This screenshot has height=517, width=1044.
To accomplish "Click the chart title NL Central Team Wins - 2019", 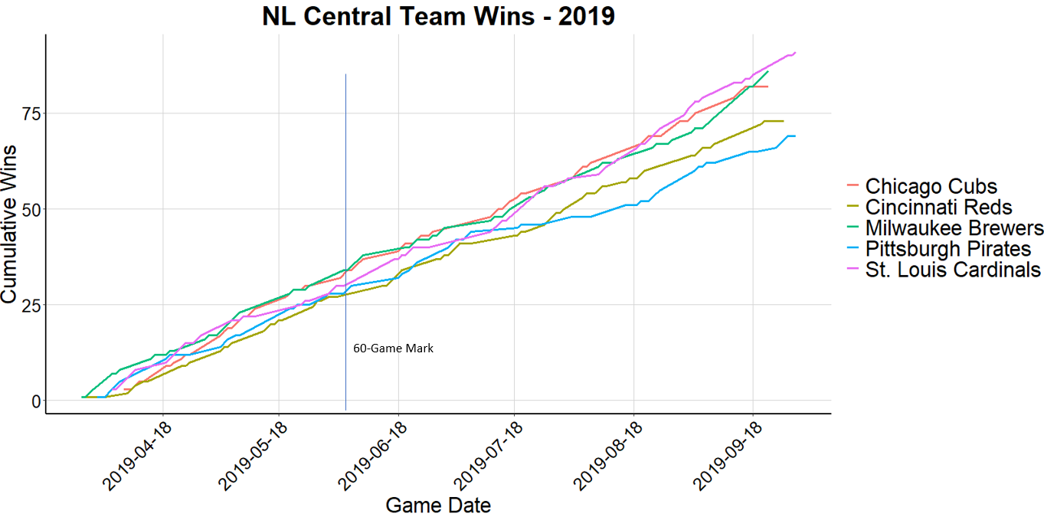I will point(438,17).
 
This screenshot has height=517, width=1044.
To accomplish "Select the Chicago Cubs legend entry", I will point(931,186).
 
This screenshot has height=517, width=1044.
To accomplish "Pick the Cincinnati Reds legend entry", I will point(938,207).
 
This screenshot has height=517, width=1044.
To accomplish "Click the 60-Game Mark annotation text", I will point(393,348).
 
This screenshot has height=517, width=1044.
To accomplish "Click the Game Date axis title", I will point(438,506).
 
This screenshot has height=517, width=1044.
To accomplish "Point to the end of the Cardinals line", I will point(796,53).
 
